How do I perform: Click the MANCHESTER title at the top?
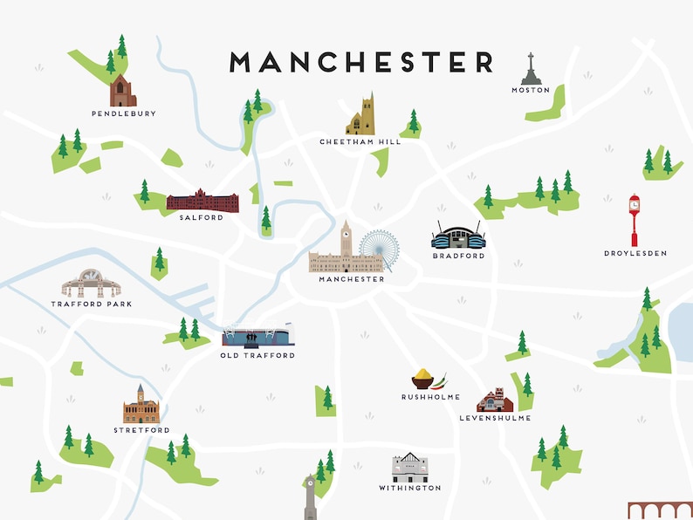[x=361, y=62]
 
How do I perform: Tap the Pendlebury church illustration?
[x=122, y=90]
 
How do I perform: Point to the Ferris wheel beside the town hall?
[x=379, y=250]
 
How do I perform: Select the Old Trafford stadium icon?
[x=257, y=336]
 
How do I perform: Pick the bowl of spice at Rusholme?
[x=423, y=380]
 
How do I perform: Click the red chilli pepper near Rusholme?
[x=441, y=380]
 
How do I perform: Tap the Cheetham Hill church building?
[x=360, y=116]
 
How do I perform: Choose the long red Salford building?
[x=202, y=201]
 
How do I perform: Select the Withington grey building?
[x=409, y=468]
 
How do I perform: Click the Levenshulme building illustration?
[x=495, y=400]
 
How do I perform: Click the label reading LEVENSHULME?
[x=495, y=418]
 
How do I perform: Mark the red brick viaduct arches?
[x=660, y=510]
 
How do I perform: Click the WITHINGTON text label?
[x=409, y=488]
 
